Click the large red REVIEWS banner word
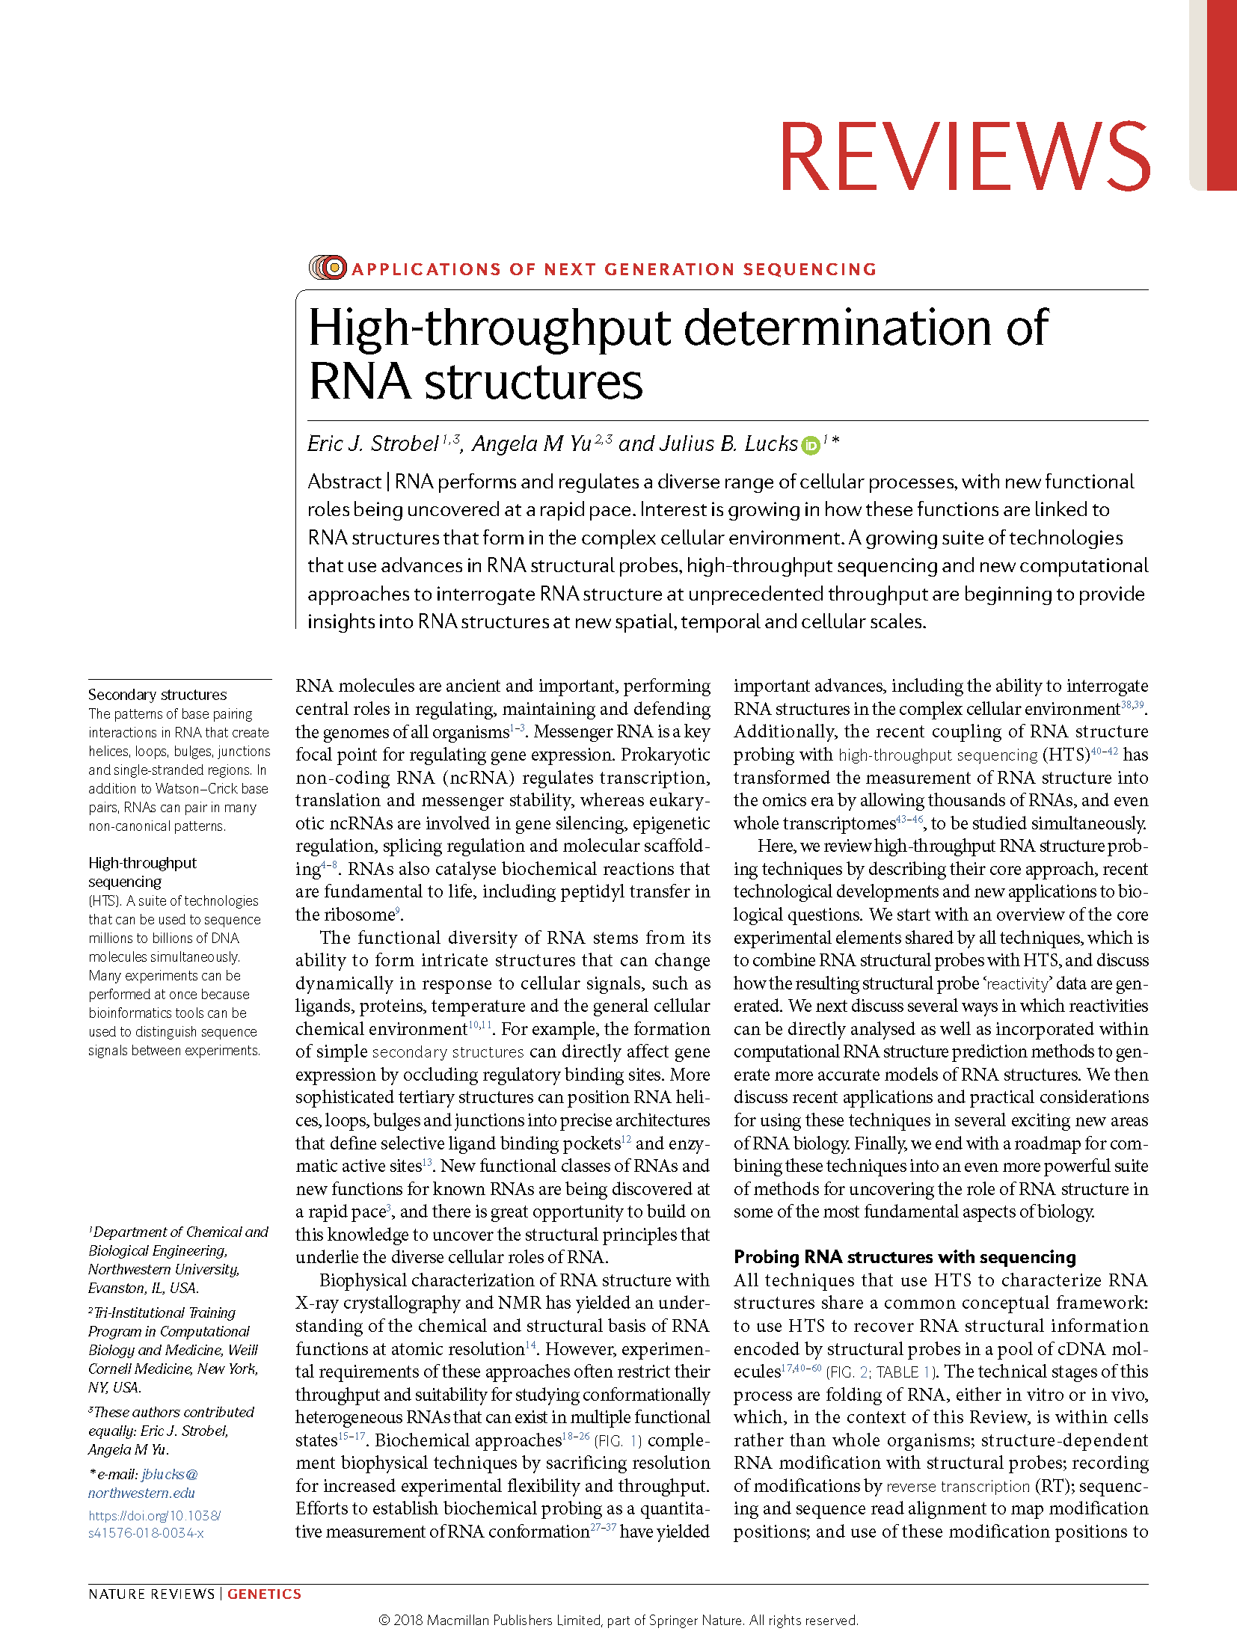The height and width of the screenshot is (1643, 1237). (x=964, y=157)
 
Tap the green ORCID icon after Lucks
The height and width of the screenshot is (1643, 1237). (x=811, y=446)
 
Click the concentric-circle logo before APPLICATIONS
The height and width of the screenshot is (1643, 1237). (x=328, y=267)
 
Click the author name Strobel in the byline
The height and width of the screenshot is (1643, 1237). (x=405, y=444)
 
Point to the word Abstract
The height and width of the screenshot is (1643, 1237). (x=344, y=482)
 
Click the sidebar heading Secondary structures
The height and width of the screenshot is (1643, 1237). (x=157, y=694)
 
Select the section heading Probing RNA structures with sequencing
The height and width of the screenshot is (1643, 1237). (x=904, y=1256)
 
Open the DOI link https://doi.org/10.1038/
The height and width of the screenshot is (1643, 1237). (x=154, y=1515)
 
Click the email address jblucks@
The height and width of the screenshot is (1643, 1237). (x=170, y=1474)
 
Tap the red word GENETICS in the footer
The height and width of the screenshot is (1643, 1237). (x=264, y=1594)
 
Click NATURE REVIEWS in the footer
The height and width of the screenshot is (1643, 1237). (x=151, y=1594)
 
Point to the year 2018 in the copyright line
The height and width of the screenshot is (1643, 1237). (x=408, y=1620)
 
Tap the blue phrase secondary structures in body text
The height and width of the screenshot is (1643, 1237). (x=447, y=1052)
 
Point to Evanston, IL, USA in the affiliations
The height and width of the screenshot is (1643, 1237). (x=143, y=1288)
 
